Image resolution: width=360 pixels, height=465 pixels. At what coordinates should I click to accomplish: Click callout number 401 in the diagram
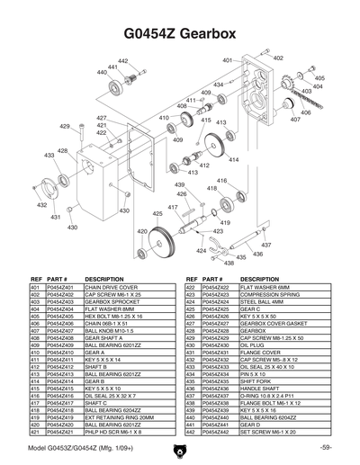tap(228, 60)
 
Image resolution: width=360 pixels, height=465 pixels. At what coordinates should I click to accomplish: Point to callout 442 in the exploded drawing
tap(123, 60)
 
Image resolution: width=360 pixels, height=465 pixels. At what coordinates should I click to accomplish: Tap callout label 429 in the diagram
tap(65, 127)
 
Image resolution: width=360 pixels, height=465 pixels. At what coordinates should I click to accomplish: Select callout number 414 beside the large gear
tap(234, 159)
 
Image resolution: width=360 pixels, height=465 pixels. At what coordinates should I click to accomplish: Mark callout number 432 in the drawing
tap(41, 205)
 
